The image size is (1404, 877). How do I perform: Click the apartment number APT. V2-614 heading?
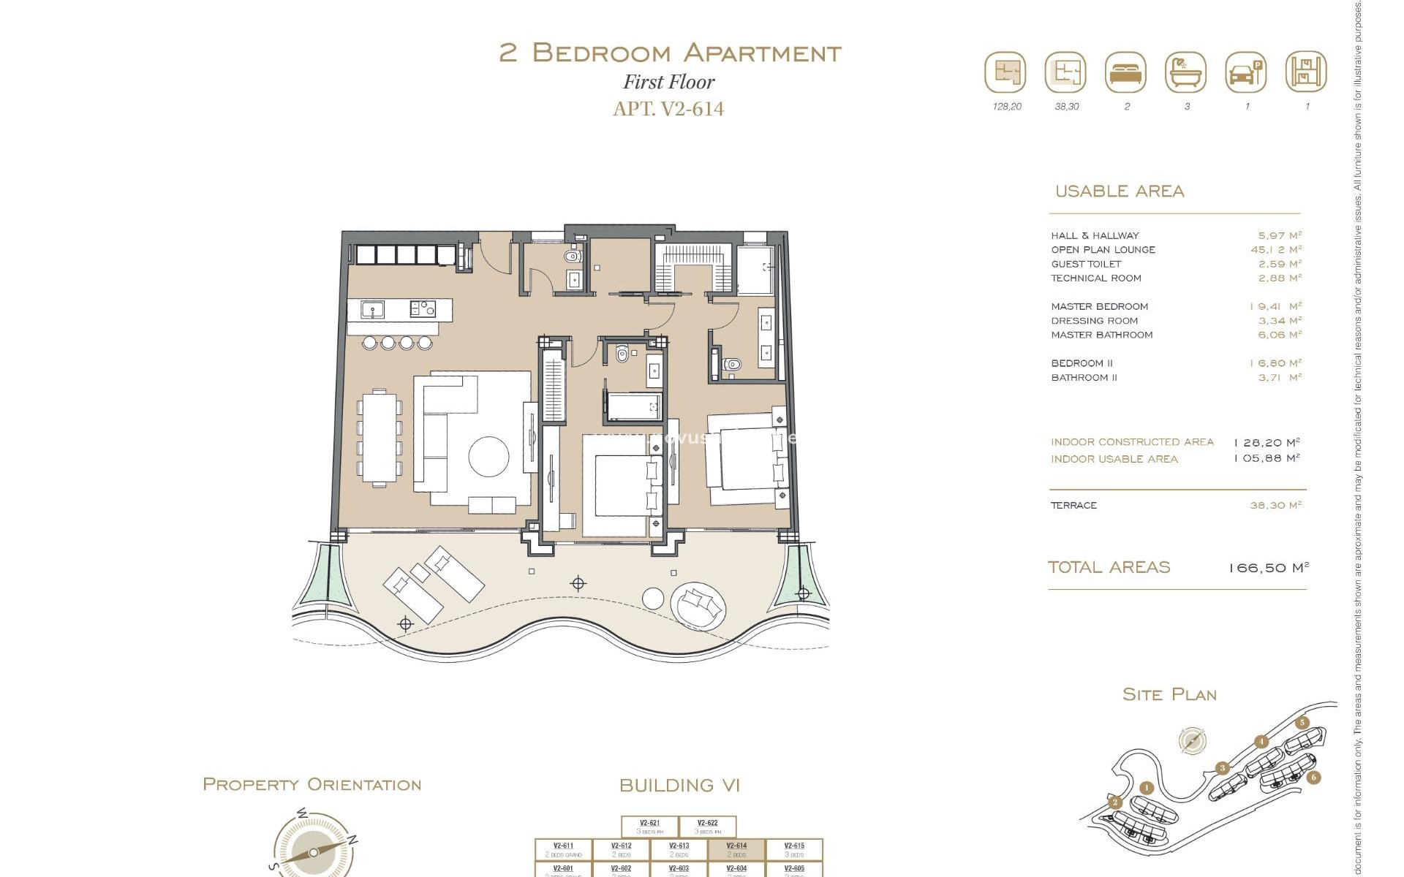click(x=668, y=109)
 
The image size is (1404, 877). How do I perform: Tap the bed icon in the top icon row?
click(x=1125, y=72)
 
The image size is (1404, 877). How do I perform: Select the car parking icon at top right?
click(x=1245, y=72)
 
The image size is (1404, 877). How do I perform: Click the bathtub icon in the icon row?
click(x=1185, y=72)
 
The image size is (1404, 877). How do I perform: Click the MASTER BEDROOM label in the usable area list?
click(x=1099, y=307)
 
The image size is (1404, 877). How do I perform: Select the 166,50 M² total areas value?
click(x=1268, y=568)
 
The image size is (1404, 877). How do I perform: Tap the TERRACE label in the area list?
click(x=1073, y=506)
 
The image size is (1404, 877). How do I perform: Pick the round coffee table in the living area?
click(x=488, y=457)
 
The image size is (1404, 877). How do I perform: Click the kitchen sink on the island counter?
click(x=373, y=310)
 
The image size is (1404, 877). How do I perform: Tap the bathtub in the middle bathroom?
click(x=633, y=407)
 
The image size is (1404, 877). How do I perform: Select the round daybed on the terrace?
click(x=698, y=605)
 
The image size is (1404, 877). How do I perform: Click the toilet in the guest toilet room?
click(x=573, y=257)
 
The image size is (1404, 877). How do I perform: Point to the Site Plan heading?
click(x=1169, y=695)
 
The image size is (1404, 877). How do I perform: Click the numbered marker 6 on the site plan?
click(x=1313, y=777)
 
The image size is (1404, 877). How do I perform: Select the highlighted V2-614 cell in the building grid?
click(x=736, y=850)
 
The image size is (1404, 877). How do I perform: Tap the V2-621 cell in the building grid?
click(x=649, y=827)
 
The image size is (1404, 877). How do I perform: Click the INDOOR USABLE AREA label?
click(x=1114, y=460)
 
